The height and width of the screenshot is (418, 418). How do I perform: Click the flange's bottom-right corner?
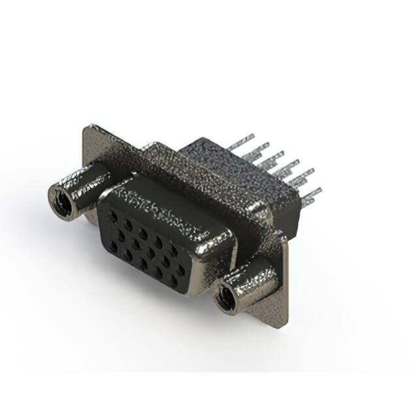coord(285,325)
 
